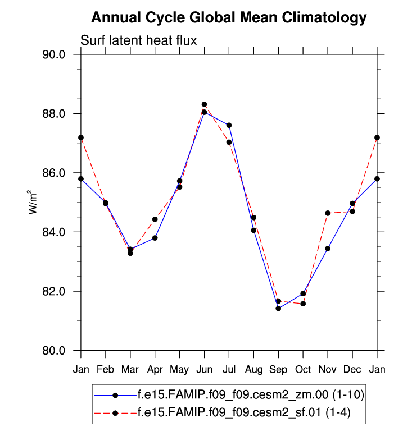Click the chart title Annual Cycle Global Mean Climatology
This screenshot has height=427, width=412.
coord(228,17)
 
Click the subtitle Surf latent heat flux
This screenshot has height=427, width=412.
coord(138,40)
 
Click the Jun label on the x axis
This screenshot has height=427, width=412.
coord(204,369)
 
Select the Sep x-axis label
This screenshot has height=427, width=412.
coord(278,369)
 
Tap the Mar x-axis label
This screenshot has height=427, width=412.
coord(130,369)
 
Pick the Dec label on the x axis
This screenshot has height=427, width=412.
coord(352,369)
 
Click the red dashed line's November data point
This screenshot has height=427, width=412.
coord(328,213)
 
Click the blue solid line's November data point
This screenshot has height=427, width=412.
coord(328,249)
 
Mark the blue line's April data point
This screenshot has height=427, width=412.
coord(155,238)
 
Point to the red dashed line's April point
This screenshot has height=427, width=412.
coord(155,219)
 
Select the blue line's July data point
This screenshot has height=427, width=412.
coord(229,125)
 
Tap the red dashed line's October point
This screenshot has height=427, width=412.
coord(303,304)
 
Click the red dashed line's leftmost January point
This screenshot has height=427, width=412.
coord(81,137)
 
